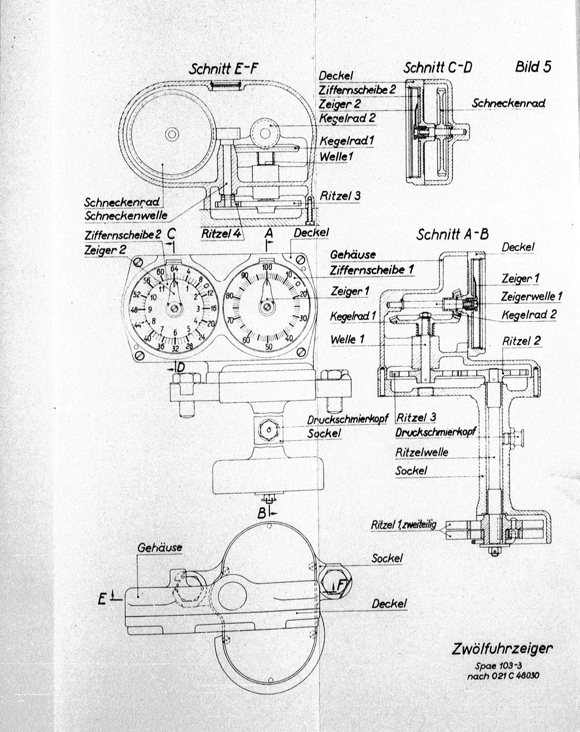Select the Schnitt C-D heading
[437, 68]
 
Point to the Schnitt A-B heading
[452, 234]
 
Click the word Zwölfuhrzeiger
[502, 649]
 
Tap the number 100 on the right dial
[267, 267]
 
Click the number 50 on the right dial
[268, 346]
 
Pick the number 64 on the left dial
[174, 268]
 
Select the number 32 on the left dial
[175, 348]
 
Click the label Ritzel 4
[222, 233]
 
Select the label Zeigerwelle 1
[532, 296]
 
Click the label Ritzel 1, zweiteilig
[403, 525]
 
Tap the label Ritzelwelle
[422, 452]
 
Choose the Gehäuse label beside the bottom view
[160, 547]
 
